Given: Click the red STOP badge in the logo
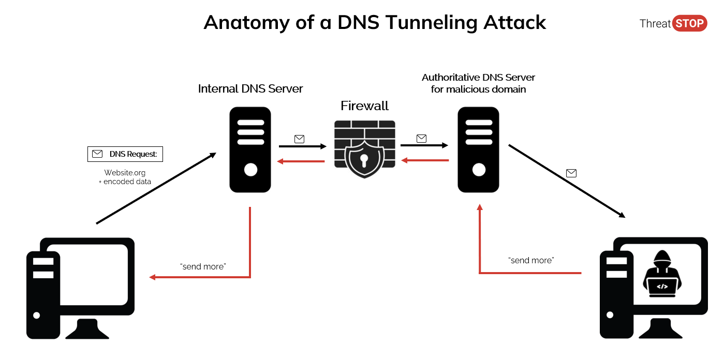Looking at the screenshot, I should coord(689,23).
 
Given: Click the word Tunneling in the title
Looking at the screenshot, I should coord(423,22).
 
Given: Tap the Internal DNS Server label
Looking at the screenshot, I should coord(250,88).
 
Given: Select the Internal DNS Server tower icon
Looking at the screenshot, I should coord(250,149).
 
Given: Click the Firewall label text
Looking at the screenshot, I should coord(364,106).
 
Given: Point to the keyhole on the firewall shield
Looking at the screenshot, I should coord(364,158).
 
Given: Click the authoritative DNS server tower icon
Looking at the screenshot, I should coord(478,149).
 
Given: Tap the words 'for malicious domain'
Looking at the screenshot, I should coord(478,89).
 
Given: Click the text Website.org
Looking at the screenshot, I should coord(125,172).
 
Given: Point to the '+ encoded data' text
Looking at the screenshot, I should coord(125,182).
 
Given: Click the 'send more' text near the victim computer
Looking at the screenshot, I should coord(203,266).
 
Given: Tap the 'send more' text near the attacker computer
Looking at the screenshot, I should coord(531,260).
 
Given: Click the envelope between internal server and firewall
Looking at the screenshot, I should coord(299,139).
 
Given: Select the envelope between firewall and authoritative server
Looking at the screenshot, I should coord(421,138).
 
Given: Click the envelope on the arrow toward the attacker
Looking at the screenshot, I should coord(571,173).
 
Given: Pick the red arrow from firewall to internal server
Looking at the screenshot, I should coord(301,161).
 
